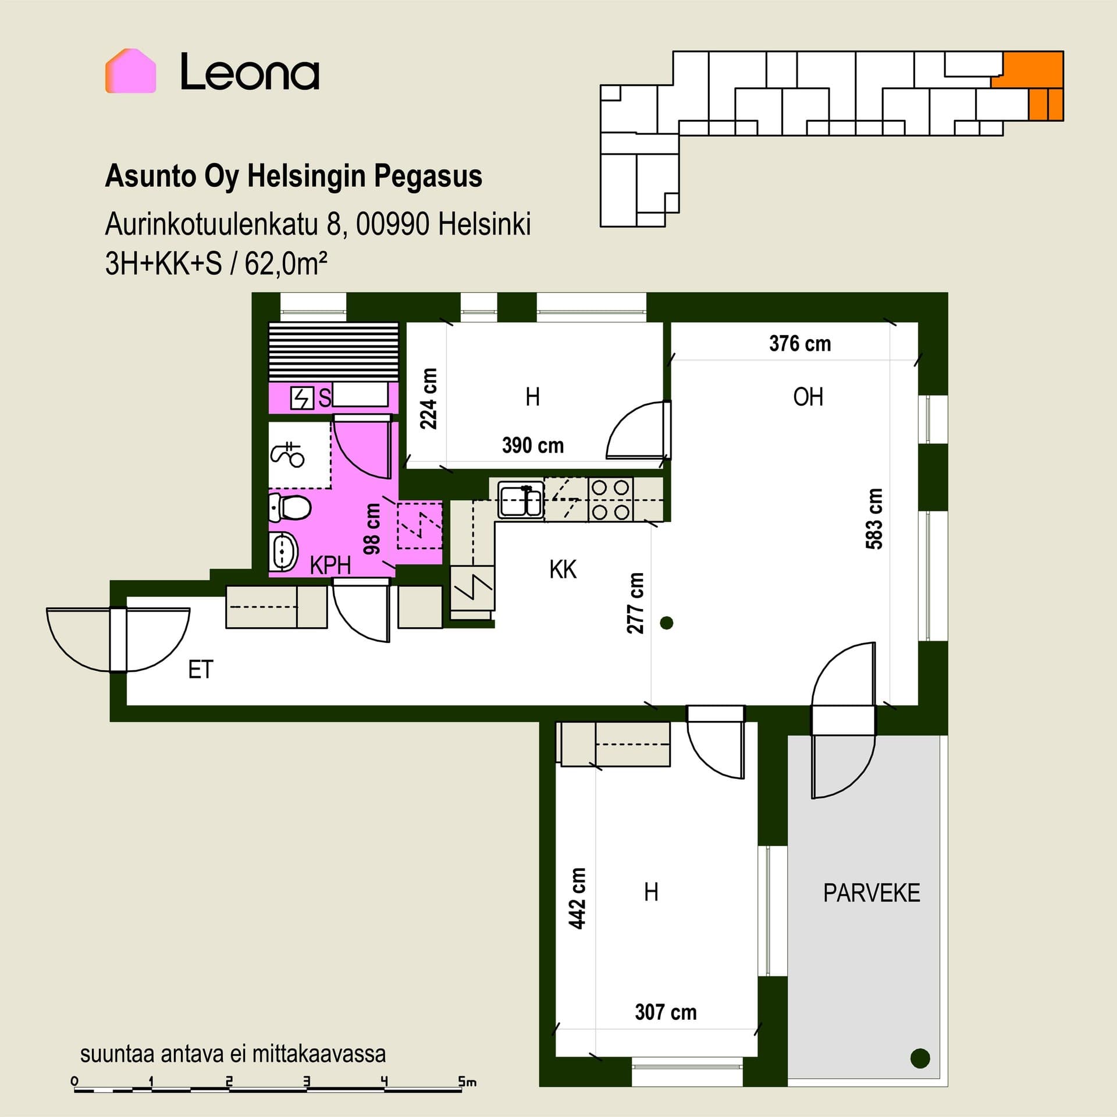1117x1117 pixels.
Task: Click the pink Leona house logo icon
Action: click(130, 71)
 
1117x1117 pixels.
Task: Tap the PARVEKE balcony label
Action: click(871, 893)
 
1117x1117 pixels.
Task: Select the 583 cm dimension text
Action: click(874, 519)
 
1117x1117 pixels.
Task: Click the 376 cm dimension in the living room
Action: click(800, 343)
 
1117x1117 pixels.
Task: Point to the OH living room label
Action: click(808, 397)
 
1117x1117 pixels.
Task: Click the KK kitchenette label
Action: click(563, 570)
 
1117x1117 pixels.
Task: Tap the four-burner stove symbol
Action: click(611, 500)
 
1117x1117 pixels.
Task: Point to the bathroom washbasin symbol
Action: click(283, 550)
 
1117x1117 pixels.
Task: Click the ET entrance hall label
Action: click(201, 670)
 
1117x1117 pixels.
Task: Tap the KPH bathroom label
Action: click(330, 565)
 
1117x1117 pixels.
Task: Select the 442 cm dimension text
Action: click(577, 898)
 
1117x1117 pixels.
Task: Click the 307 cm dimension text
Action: click(666, 1012)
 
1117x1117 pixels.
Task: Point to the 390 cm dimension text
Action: click(533, 446)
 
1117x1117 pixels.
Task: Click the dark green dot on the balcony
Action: click(920, 1058)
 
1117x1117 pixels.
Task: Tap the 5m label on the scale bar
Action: click(467, 1082)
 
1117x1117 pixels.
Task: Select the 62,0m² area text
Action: click(286, 264)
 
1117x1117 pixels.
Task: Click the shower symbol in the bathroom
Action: click(287, 454)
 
